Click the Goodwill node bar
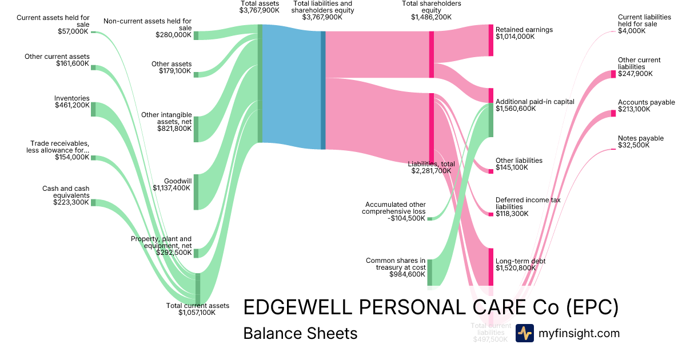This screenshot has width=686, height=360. [x=196, y=192]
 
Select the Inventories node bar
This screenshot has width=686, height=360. [x=93, y=109]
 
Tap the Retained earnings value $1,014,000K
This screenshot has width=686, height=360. [x=514, y=37]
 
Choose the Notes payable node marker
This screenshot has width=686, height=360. [x=613, y=149]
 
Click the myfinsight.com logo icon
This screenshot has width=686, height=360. [x=524, y=333]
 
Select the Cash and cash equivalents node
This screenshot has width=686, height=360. [x=93, y=202]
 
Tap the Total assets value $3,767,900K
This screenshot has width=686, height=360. [x=260, y=10]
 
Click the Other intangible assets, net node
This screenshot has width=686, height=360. [x=196, y=129]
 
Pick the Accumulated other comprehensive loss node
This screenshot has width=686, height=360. [x=429, y=218]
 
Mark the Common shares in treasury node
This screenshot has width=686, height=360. [x=429, y=272]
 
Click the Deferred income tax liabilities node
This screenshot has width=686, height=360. [x=490, y=214]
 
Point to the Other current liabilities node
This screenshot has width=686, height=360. [x=613, y=74]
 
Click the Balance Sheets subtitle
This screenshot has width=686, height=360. [x=300, y=333]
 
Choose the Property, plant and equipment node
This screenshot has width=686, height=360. [x=196, y=253]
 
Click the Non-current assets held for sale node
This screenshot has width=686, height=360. [x=196, y=35]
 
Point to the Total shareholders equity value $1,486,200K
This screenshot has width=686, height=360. [x=431, y=17]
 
